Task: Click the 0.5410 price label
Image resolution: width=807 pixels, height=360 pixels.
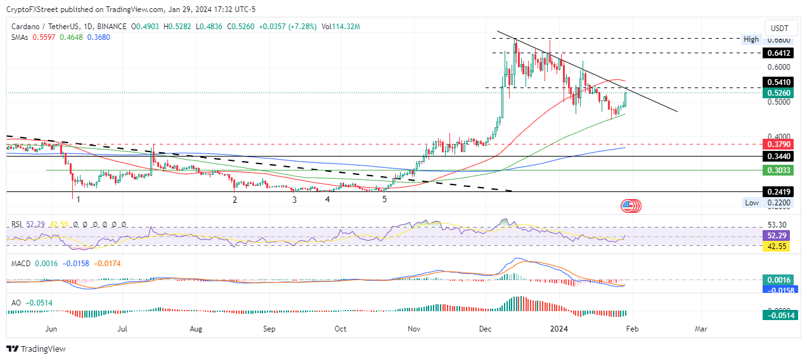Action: [778, 82]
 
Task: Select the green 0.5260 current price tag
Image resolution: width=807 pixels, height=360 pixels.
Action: [778, 93]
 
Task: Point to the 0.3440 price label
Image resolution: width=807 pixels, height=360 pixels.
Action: [778, 156]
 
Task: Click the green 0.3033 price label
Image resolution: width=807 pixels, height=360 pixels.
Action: [778, 170]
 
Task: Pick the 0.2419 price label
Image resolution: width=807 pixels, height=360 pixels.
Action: [778, 191]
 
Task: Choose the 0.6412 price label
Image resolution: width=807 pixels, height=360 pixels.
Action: [778, 53]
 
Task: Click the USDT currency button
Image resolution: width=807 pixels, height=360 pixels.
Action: [779, 28]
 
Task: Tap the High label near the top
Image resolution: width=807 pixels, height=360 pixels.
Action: [751, 39]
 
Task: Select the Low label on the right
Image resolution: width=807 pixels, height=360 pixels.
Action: [752, 203]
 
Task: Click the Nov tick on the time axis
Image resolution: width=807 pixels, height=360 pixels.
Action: [415, 329]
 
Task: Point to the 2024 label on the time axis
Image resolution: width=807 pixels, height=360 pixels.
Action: [559, 329]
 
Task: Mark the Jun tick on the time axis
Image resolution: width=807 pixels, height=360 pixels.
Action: [52, 329]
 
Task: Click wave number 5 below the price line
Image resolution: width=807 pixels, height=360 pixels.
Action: [385, 199]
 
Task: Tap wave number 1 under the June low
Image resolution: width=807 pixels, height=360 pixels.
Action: [78, 199]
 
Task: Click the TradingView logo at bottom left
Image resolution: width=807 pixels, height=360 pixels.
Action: [36, 349]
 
